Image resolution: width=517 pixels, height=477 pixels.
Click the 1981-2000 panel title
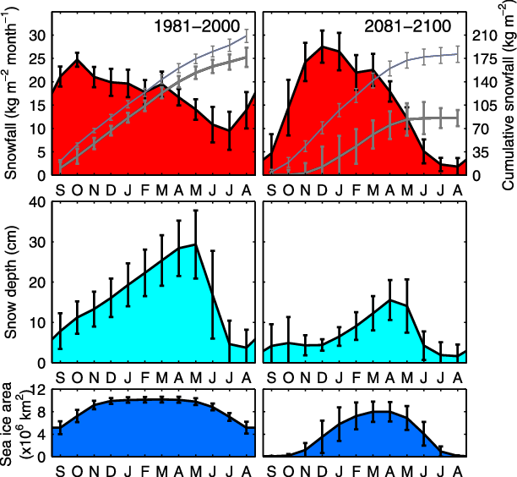200,26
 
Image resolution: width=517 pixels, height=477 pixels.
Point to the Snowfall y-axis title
11,94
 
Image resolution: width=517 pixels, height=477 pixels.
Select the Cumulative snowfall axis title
507,94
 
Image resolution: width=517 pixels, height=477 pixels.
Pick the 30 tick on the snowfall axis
38,36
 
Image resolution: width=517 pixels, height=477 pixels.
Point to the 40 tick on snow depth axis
38,202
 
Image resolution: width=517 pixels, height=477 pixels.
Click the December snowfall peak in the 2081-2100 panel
322,47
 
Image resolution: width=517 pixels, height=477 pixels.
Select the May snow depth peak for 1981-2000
195,244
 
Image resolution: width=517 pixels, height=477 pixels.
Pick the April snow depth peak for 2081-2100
389,300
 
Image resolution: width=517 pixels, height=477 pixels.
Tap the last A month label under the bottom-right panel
458,469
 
